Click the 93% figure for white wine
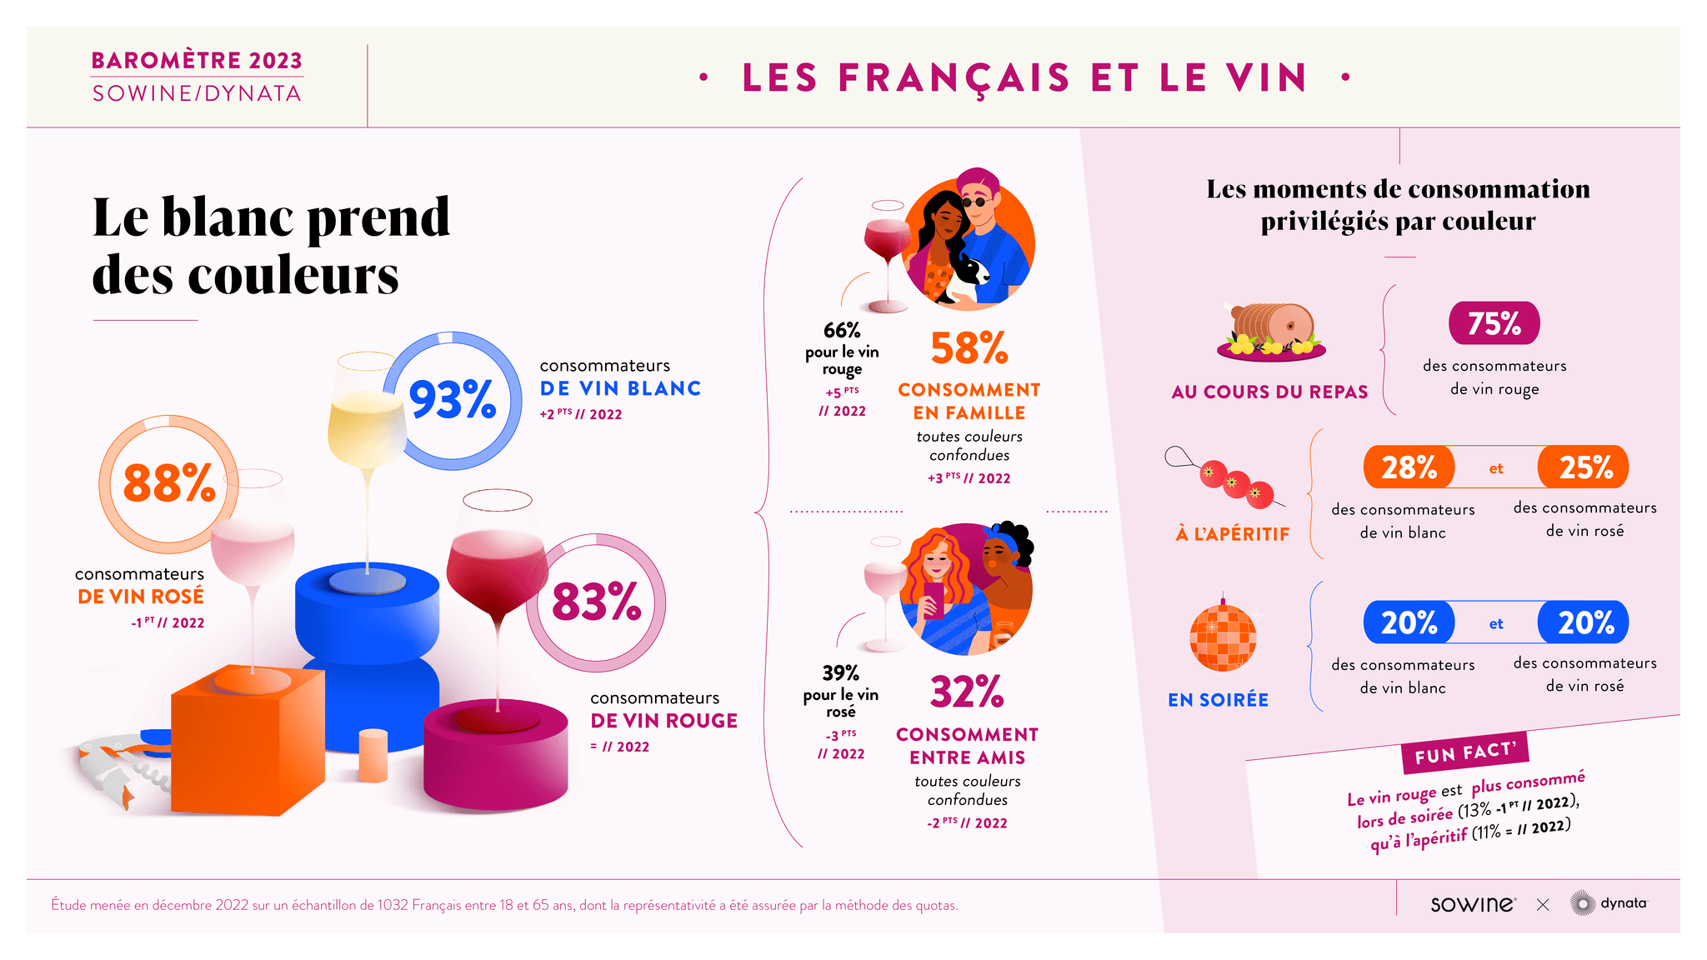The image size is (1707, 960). click(452, 400)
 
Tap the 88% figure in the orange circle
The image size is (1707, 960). click(169, 483)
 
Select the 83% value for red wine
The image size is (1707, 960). click(596, 602)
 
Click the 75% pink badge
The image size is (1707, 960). click(1494, 323)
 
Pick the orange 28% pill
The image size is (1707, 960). click(1409, 467)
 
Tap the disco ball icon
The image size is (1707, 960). click(1223, 637)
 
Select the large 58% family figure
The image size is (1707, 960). click(969, 348)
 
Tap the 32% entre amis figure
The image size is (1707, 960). click(967, 692)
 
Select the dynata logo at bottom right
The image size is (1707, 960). click(1609, 903)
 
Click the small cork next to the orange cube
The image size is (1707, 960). click(373, 755)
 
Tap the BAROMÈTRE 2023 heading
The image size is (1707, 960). click(197, 61)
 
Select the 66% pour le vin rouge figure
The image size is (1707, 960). click(842, 331)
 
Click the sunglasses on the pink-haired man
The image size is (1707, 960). click(978, 202)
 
